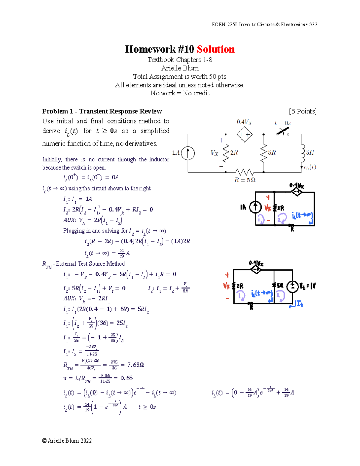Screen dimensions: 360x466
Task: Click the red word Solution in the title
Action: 215,49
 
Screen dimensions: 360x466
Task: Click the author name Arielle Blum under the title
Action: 180,68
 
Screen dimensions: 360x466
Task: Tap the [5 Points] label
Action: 303,111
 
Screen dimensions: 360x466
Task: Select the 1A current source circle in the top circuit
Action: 188,153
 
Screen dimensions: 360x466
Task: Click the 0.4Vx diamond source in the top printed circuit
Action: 245,135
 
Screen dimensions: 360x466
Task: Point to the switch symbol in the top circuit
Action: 283,131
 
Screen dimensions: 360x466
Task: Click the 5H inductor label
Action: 310,152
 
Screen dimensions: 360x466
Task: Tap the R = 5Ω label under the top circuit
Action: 245,180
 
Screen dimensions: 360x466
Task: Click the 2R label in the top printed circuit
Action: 234,152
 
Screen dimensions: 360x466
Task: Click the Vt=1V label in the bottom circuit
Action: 307,286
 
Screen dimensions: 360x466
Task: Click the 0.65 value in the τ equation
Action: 126,378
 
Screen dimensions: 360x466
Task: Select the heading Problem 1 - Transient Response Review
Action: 102,111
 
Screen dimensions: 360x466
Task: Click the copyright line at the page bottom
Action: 67,440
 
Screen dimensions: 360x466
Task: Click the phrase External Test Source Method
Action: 90,264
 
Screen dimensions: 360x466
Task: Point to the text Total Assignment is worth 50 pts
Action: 180,77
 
